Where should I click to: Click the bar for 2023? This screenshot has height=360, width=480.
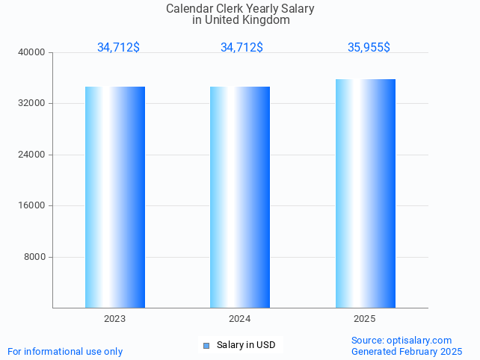pos(115,197)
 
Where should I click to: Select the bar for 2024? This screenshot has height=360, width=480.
pos(240,197)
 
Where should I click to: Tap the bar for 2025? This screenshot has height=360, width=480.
pos(365,193)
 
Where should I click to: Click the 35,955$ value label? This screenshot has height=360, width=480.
pos(369,47)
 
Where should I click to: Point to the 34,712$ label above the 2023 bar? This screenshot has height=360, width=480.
pos(118,47)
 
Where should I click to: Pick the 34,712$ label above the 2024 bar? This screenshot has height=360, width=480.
pos(241,47)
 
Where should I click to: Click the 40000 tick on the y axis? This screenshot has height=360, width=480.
pos(32,52)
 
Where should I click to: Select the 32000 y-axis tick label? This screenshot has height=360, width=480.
pos(32,103)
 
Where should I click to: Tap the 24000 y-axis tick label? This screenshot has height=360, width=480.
pos(32,155)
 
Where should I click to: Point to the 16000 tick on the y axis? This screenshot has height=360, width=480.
pos(32,205)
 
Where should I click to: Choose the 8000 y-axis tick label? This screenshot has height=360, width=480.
pos(34,257)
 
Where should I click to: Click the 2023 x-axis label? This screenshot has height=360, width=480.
pos(115,319)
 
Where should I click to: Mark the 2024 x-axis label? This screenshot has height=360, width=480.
pos(240,319)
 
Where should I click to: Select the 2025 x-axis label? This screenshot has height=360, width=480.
pos(365,319)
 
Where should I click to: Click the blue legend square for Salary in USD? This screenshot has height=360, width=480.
pos(206,345)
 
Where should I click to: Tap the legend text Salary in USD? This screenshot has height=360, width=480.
pos(246,345)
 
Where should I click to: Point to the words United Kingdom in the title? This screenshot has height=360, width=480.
pos(253,20)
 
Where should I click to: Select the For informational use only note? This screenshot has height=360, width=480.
pos(65,351)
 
